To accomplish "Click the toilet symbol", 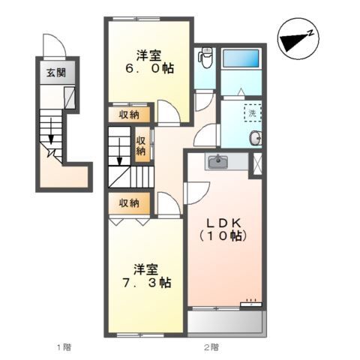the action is tap(205, 58).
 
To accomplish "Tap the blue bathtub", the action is tap(241, 58).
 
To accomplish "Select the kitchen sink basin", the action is tap(218, 162).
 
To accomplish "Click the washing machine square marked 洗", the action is tap(253, 113).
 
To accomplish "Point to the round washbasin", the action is tap(256, 138).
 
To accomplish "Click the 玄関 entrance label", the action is tap(56, 73).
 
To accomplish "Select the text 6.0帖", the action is tap(149, 68).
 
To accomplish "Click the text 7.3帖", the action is tap(147, 283).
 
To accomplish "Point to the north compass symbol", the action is tap(298, 39).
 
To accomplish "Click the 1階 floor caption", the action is tap(64, 346).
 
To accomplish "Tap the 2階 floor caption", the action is tap(211, 346).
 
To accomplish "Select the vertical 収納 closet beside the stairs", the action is tap(142, 144).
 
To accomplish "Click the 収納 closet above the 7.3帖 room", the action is tap(129, 203).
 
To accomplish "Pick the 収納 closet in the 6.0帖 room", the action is tap(129, 115).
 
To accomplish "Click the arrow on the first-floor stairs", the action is tap(51, 131).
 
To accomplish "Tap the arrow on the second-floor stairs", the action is tap(119, 151).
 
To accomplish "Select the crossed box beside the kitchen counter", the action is tap(257, 163).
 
